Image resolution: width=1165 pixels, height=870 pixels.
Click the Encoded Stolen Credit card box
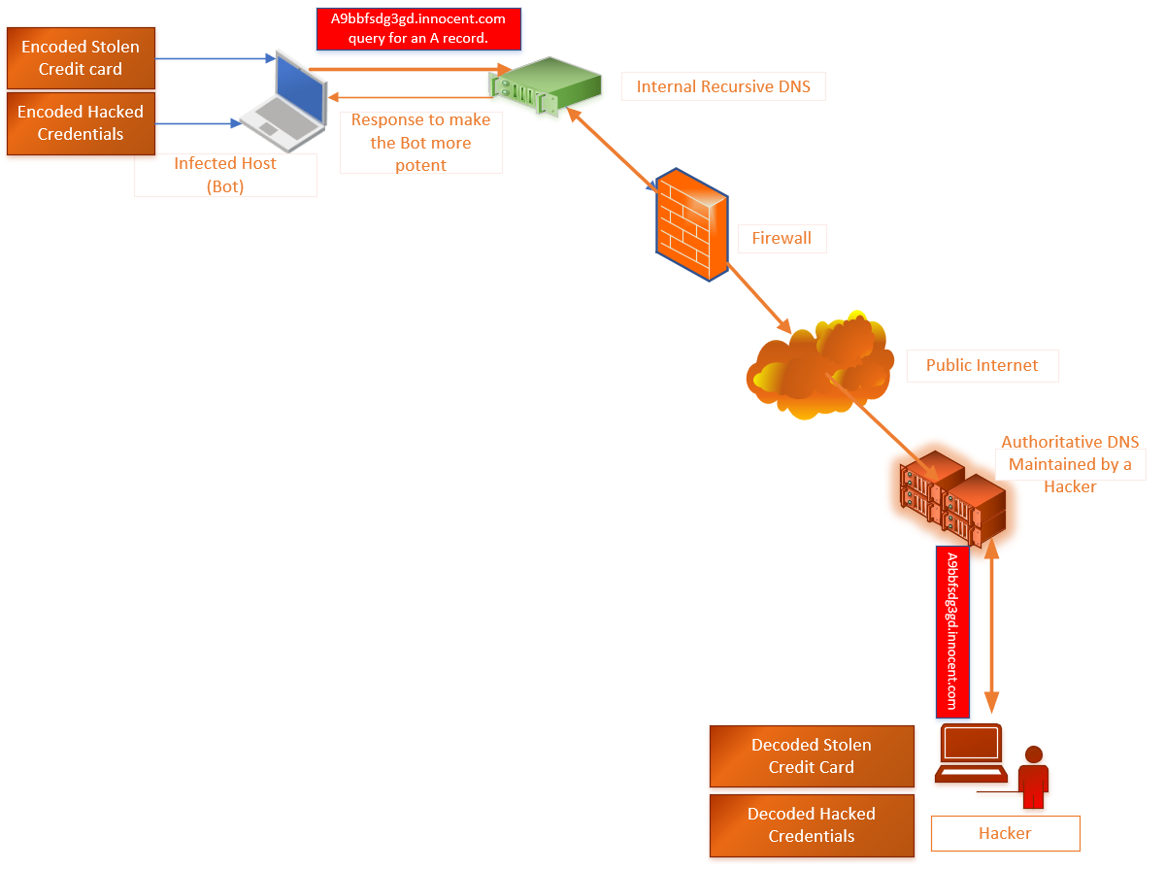point(81,57)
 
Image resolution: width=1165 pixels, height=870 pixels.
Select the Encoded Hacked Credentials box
point(81,123)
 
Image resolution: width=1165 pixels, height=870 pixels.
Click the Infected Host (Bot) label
point(225,175)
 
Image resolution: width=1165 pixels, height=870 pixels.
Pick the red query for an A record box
point(418,28)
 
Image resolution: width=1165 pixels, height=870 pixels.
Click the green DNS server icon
point(545,84)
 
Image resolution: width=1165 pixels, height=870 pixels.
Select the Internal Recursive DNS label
point(722,86)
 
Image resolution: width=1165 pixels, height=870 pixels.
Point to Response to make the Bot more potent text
point(420,143)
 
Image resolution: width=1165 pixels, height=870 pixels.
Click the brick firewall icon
point(690,224)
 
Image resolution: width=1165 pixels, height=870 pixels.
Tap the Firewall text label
point(781,238)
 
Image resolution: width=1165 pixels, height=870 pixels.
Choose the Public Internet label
point(982,366)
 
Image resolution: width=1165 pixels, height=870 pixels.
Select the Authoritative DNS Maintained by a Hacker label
point(1070,464)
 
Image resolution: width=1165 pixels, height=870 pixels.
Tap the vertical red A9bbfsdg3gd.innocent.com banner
point(952,631)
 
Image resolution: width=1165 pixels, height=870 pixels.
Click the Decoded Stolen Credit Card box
point(812,755)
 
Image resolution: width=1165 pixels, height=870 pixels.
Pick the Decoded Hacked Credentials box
point(812,825)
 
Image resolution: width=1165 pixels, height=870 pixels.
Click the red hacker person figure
point(1033,777)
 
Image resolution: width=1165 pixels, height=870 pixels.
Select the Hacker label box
point(1005,833)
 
